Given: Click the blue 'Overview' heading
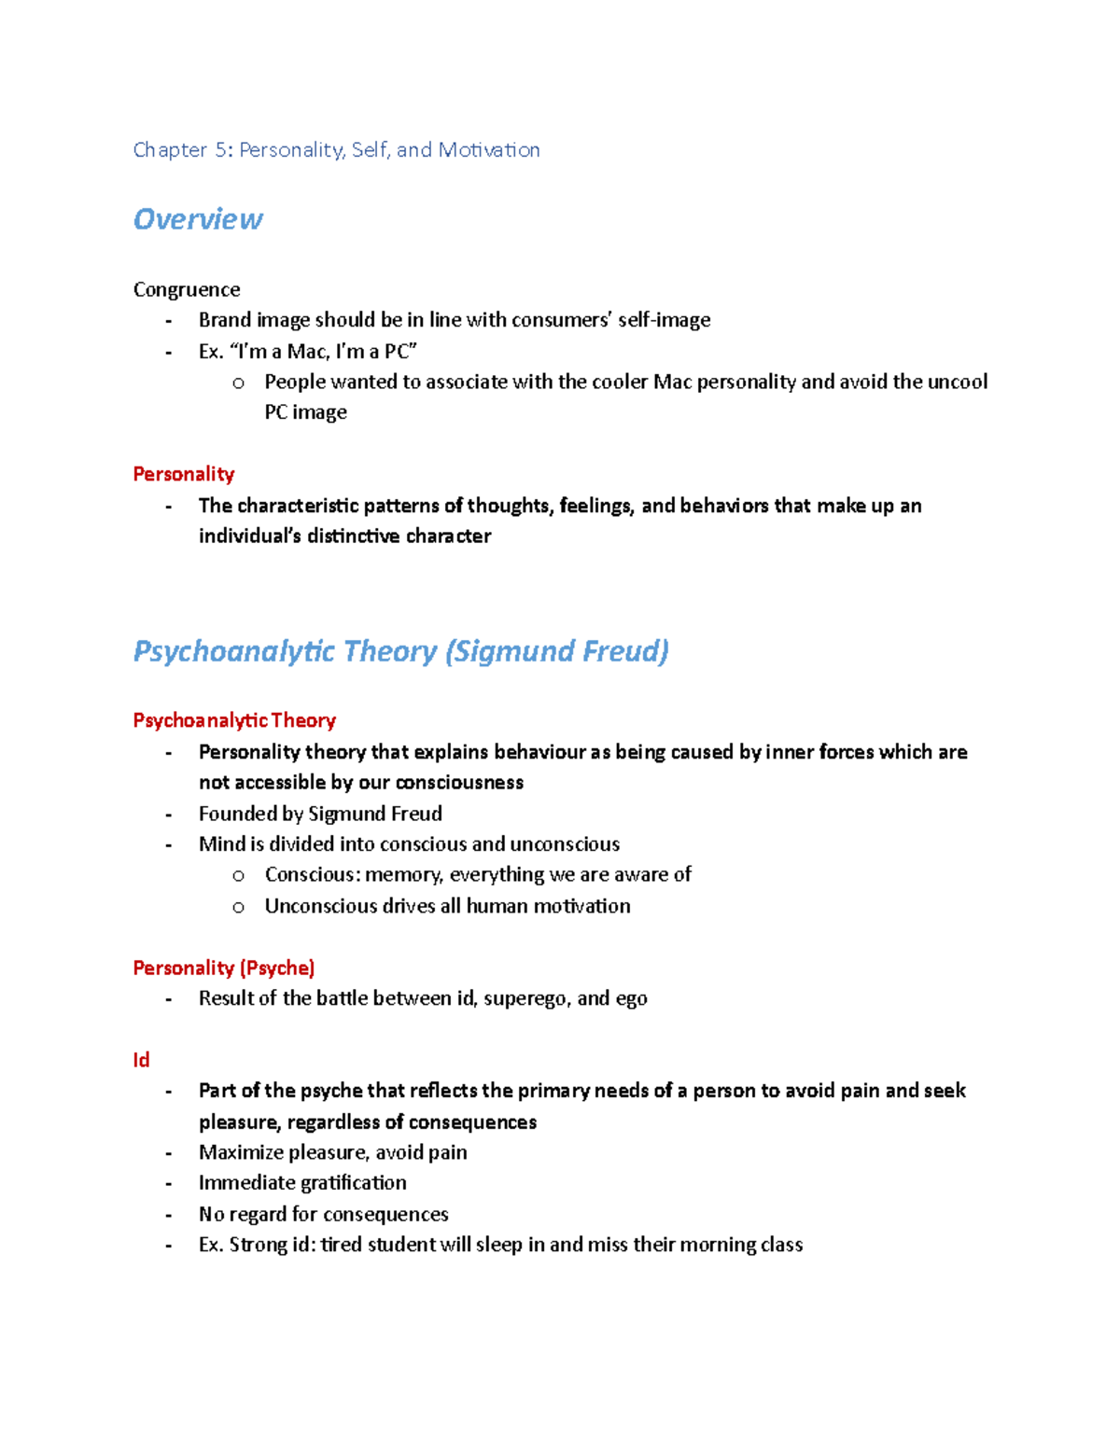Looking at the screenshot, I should [x=198, y=219].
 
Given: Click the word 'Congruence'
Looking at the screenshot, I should [x=187, y=289].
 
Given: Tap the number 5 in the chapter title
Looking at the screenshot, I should [x=221, y=150].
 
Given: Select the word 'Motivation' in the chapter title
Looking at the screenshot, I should [x=489, y=150].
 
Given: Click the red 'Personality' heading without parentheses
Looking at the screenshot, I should [x=184, y=474].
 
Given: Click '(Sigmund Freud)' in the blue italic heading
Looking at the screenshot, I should [x=557, y=650].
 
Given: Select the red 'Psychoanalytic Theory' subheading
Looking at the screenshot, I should [x=234, y=720].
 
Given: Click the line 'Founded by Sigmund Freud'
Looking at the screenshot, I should [x=320, y=814].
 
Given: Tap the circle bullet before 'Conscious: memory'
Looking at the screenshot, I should [x=239, y=876].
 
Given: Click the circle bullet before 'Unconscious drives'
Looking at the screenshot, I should [x=239, y=907].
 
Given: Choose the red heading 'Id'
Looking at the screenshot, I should [x=141, y=1060].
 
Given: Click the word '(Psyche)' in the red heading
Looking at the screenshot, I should [x=277, y=968].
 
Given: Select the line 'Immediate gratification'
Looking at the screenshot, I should [x=302, y=1183].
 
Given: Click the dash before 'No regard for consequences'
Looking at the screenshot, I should [x=169, y=1215].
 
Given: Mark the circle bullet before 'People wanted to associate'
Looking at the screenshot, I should [x=239, y=383].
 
